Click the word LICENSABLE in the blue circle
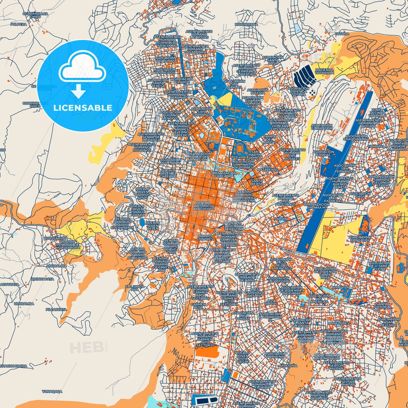click(83, 108)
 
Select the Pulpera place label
click(19, 25)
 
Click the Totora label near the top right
click(342, 34)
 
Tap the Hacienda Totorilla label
click(324, 71)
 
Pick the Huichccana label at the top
click(246, 25)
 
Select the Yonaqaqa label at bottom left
click(52, 392)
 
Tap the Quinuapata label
click(42, 279)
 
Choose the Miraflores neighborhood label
click(339, 323)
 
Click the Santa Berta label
click(257, 182)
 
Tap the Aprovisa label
click(340, 287)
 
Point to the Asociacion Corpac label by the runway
click(323, 153)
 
